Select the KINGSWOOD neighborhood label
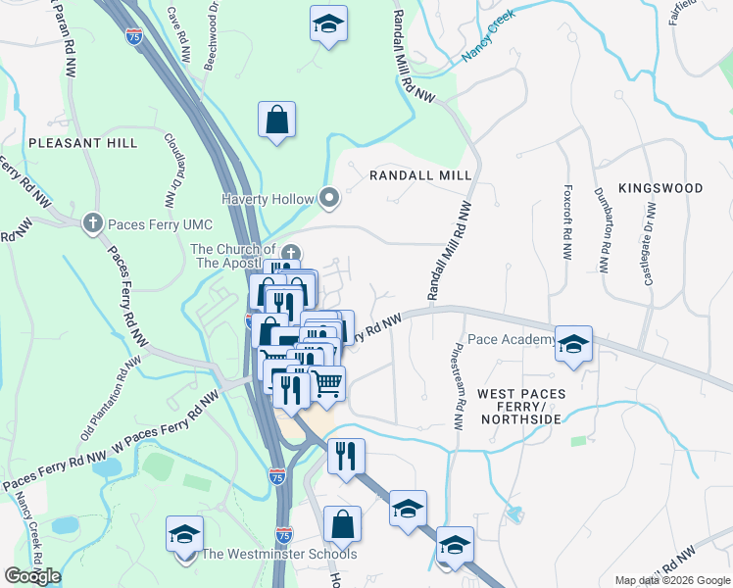coord(660,187)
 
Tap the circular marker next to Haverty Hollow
coord(329,199)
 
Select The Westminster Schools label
coord(278,555)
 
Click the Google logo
coord(32,576)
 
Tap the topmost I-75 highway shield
coord(134,36)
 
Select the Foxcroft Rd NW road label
coord(566,221)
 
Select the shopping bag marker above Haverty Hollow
coord(277,121)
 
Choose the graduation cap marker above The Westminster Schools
coord(184,535)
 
